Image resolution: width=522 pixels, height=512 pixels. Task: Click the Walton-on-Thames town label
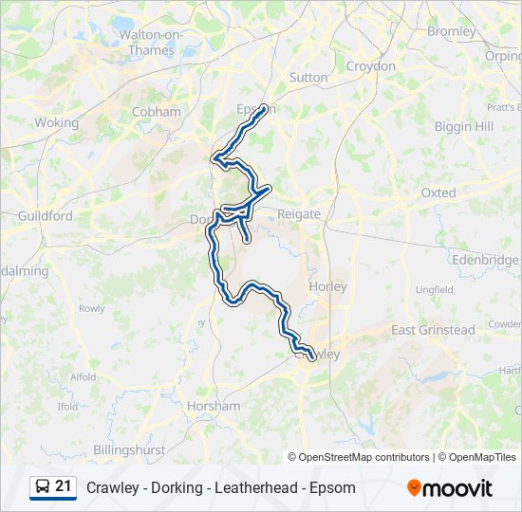tap(151, 42)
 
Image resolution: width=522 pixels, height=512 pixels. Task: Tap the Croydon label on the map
tap(370, 66)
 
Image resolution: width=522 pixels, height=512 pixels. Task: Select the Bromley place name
tap(451, 31)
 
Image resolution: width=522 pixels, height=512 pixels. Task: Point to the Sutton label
tap(308, 77)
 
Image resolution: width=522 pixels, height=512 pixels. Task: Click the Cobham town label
tap(157, 111)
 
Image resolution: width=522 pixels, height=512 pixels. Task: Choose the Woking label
tap(56, 122)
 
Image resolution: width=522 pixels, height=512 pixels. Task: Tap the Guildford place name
tap(45, 216)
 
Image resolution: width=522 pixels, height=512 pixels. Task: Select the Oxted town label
tap(438, 192)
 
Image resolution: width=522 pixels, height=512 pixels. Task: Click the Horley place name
tap(328, 286)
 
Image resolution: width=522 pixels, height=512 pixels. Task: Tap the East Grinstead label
tap(433, 330)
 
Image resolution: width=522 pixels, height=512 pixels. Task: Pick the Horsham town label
tap(214, 406)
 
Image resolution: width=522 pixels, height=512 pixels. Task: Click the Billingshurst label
tap(129, 449)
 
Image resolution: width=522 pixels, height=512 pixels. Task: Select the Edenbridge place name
tap(486, 260)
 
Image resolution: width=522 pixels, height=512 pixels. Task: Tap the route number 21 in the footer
tap(64, 486)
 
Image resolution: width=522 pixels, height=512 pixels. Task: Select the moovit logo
tap(450, 487)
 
